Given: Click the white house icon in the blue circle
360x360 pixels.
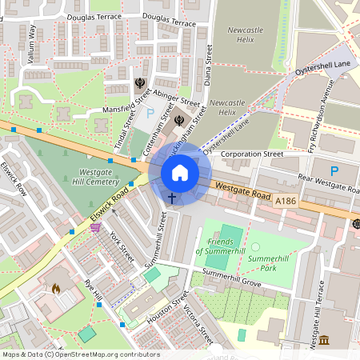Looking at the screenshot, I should coord(180,173).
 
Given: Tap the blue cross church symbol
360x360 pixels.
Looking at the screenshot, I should coord(172,197).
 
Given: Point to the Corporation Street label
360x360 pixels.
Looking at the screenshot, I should coord(252,153).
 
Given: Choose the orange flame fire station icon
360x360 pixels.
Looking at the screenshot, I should coord(55,288).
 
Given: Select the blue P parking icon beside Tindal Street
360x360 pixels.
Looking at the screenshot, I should coord(150,113).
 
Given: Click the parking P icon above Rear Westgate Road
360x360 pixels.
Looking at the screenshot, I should coord(334,170).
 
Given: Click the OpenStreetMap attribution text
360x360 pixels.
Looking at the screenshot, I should coord(70,354).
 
